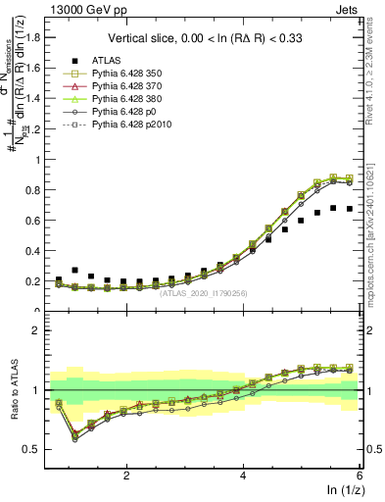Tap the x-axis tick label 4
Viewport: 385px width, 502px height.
(243, 476)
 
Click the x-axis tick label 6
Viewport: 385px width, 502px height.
(360, 476)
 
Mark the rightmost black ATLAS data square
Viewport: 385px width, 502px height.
(350, 209)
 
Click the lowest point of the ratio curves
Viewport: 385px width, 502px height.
(75, 438)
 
